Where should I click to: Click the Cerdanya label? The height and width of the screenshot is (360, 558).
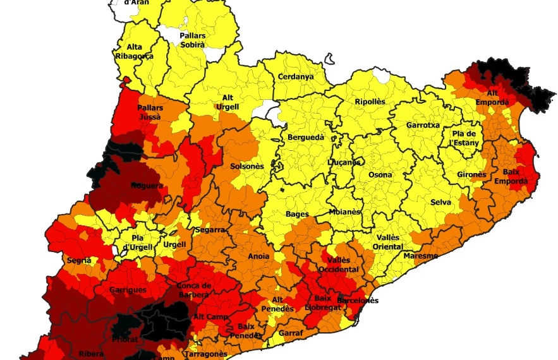pos(296,77)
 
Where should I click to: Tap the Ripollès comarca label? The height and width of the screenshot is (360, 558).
pos(370,102)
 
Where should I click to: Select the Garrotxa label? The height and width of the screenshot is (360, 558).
pos(423,125)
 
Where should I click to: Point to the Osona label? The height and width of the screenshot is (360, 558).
pos(380,175)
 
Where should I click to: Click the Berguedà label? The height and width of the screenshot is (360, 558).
pos(306,137)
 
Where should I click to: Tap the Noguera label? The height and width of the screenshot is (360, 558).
pos(147,186)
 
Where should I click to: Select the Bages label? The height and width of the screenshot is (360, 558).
pos(297,215)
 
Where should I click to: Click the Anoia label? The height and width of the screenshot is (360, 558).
pos(258,256)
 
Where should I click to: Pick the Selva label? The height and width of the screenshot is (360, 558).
pos(440,202)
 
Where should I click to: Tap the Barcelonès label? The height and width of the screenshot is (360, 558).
pos(358,301)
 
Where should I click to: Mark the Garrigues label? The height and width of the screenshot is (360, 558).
pos(128,290)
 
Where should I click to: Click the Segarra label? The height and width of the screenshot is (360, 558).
pos(210,231)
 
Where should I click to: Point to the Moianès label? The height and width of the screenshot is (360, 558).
pos(345,212)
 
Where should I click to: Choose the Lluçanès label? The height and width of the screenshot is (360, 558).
pos(344,162)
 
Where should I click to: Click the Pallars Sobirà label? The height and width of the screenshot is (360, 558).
pos(192,40)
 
